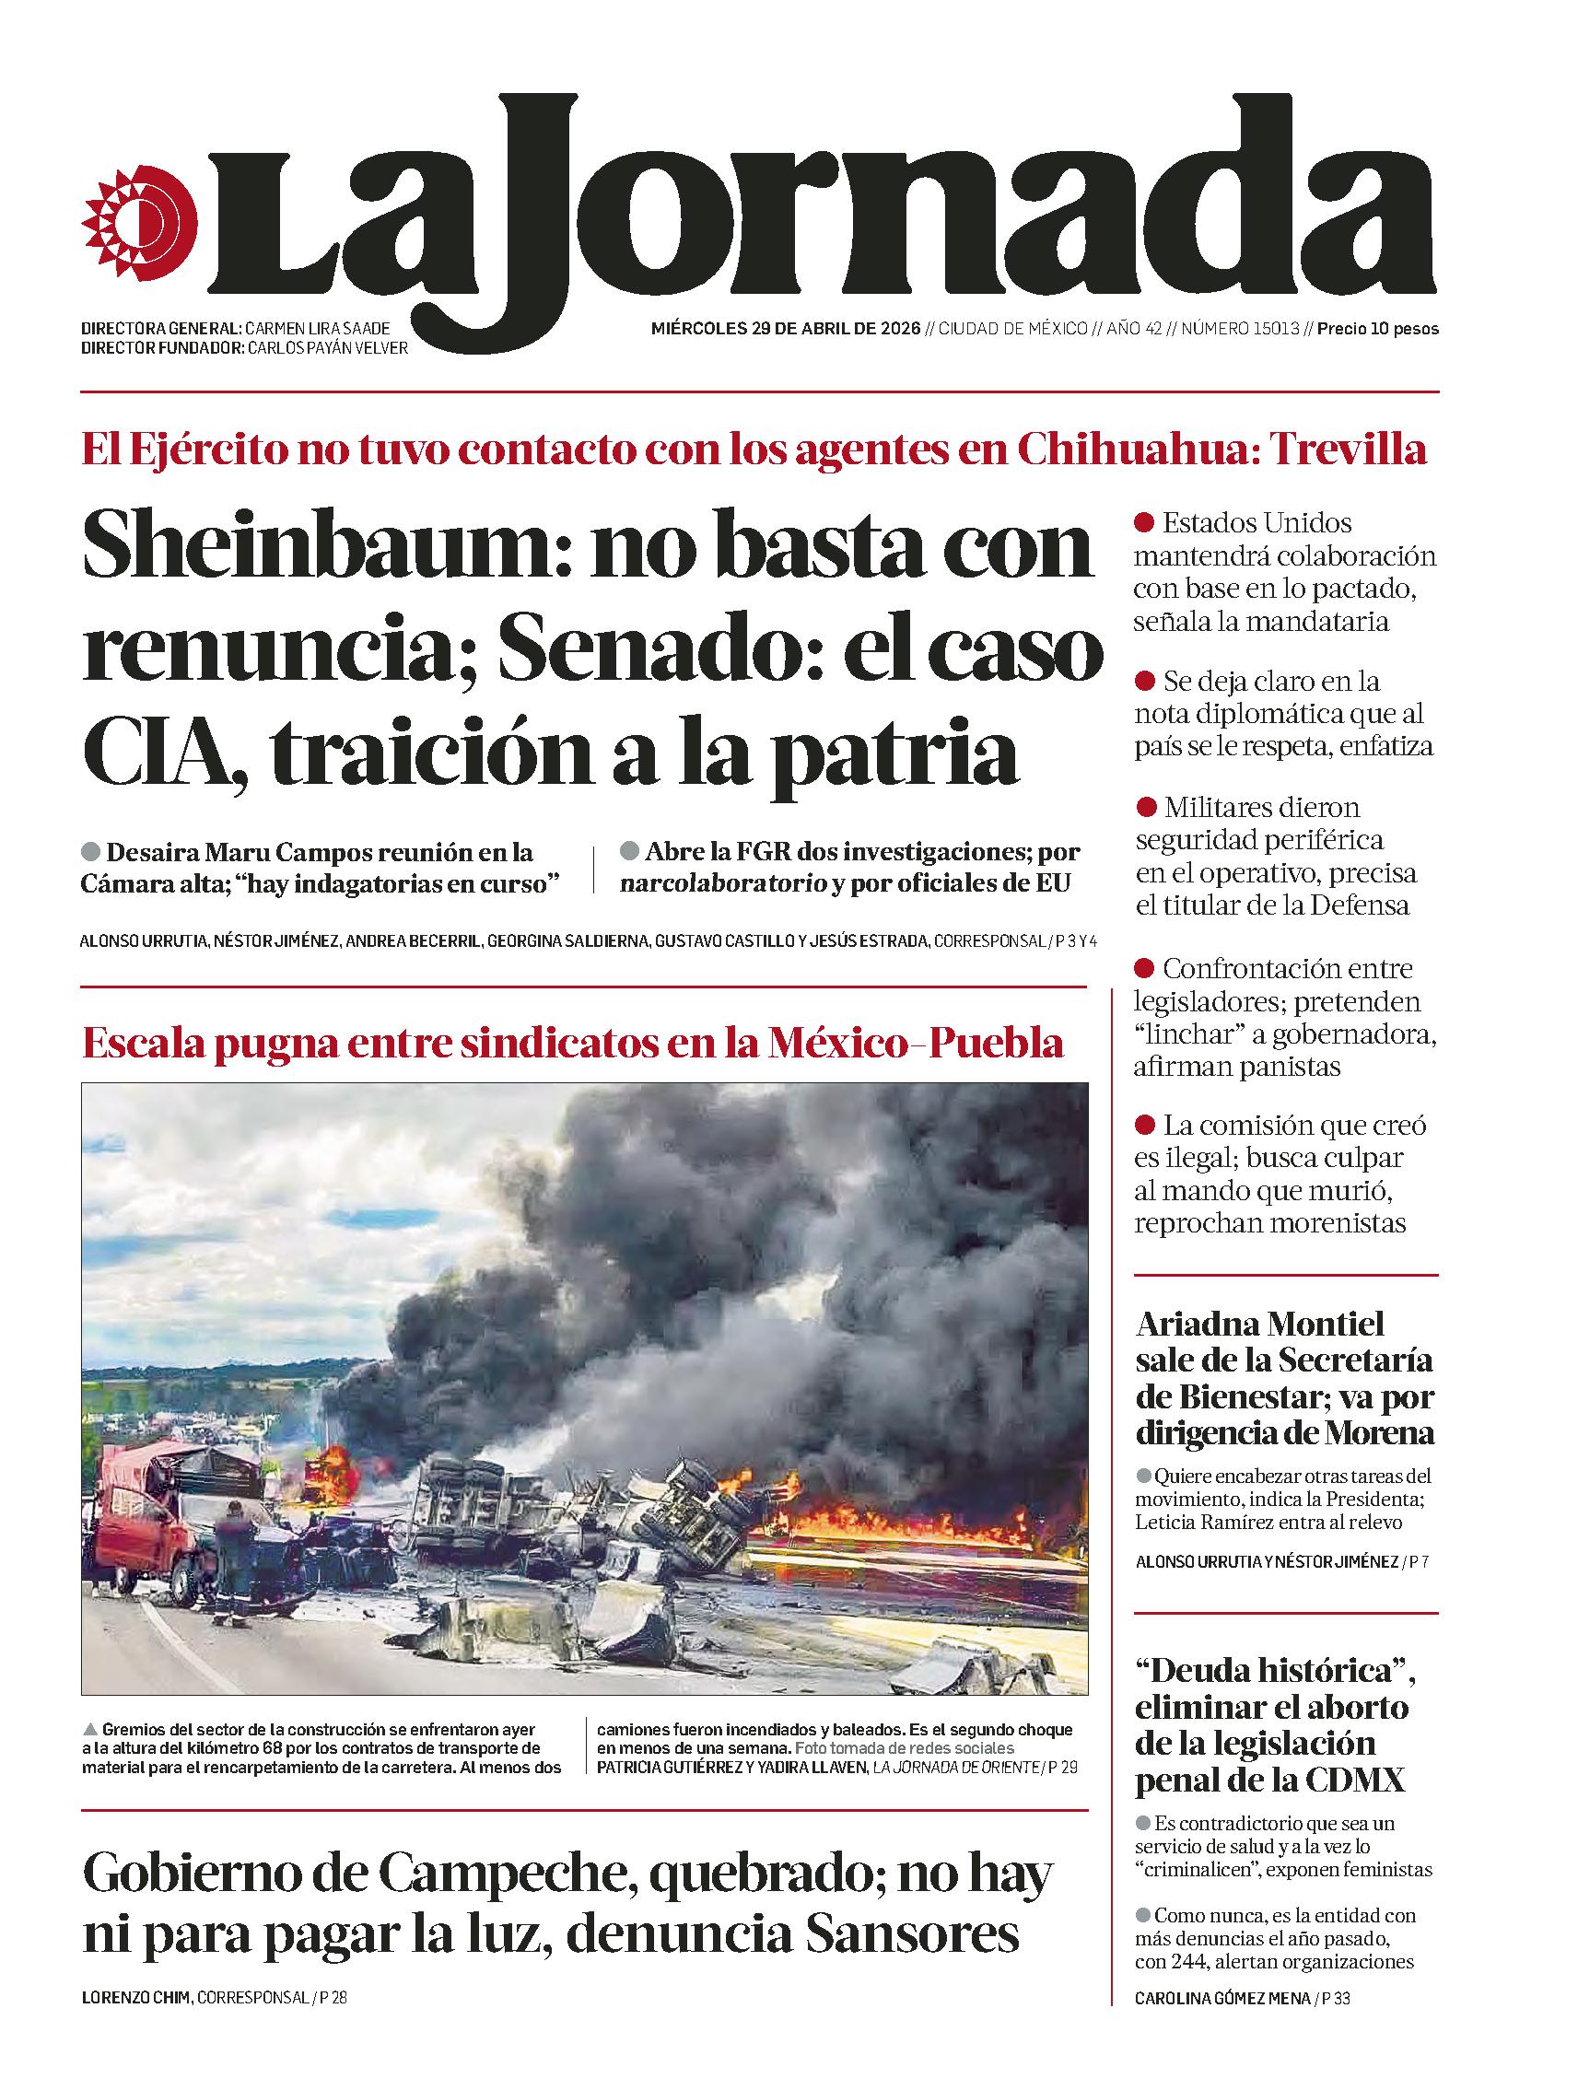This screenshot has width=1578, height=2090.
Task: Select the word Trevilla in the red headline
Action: click(1349, 449)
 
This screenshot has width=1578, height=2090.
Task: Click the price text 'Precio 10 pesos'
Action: click(1377, 329)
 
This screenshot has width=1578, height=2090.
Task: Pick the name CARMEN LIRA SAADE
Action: click(317, 329)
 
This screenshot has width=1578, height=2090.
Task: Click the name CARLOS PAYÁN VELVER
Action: click(327, 347)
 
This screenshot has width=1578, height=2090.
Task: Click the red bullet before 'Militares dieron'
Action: click(1145, 807)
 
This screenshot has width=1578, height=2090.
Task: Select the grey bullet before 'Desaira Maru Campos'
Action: click(90, 851)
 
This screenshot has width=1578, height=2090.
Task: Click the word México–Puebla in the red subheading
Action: click(916, 1043)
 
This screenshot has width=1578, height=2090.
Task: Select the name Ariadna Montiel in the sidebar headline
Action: click(1258, 1324)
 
